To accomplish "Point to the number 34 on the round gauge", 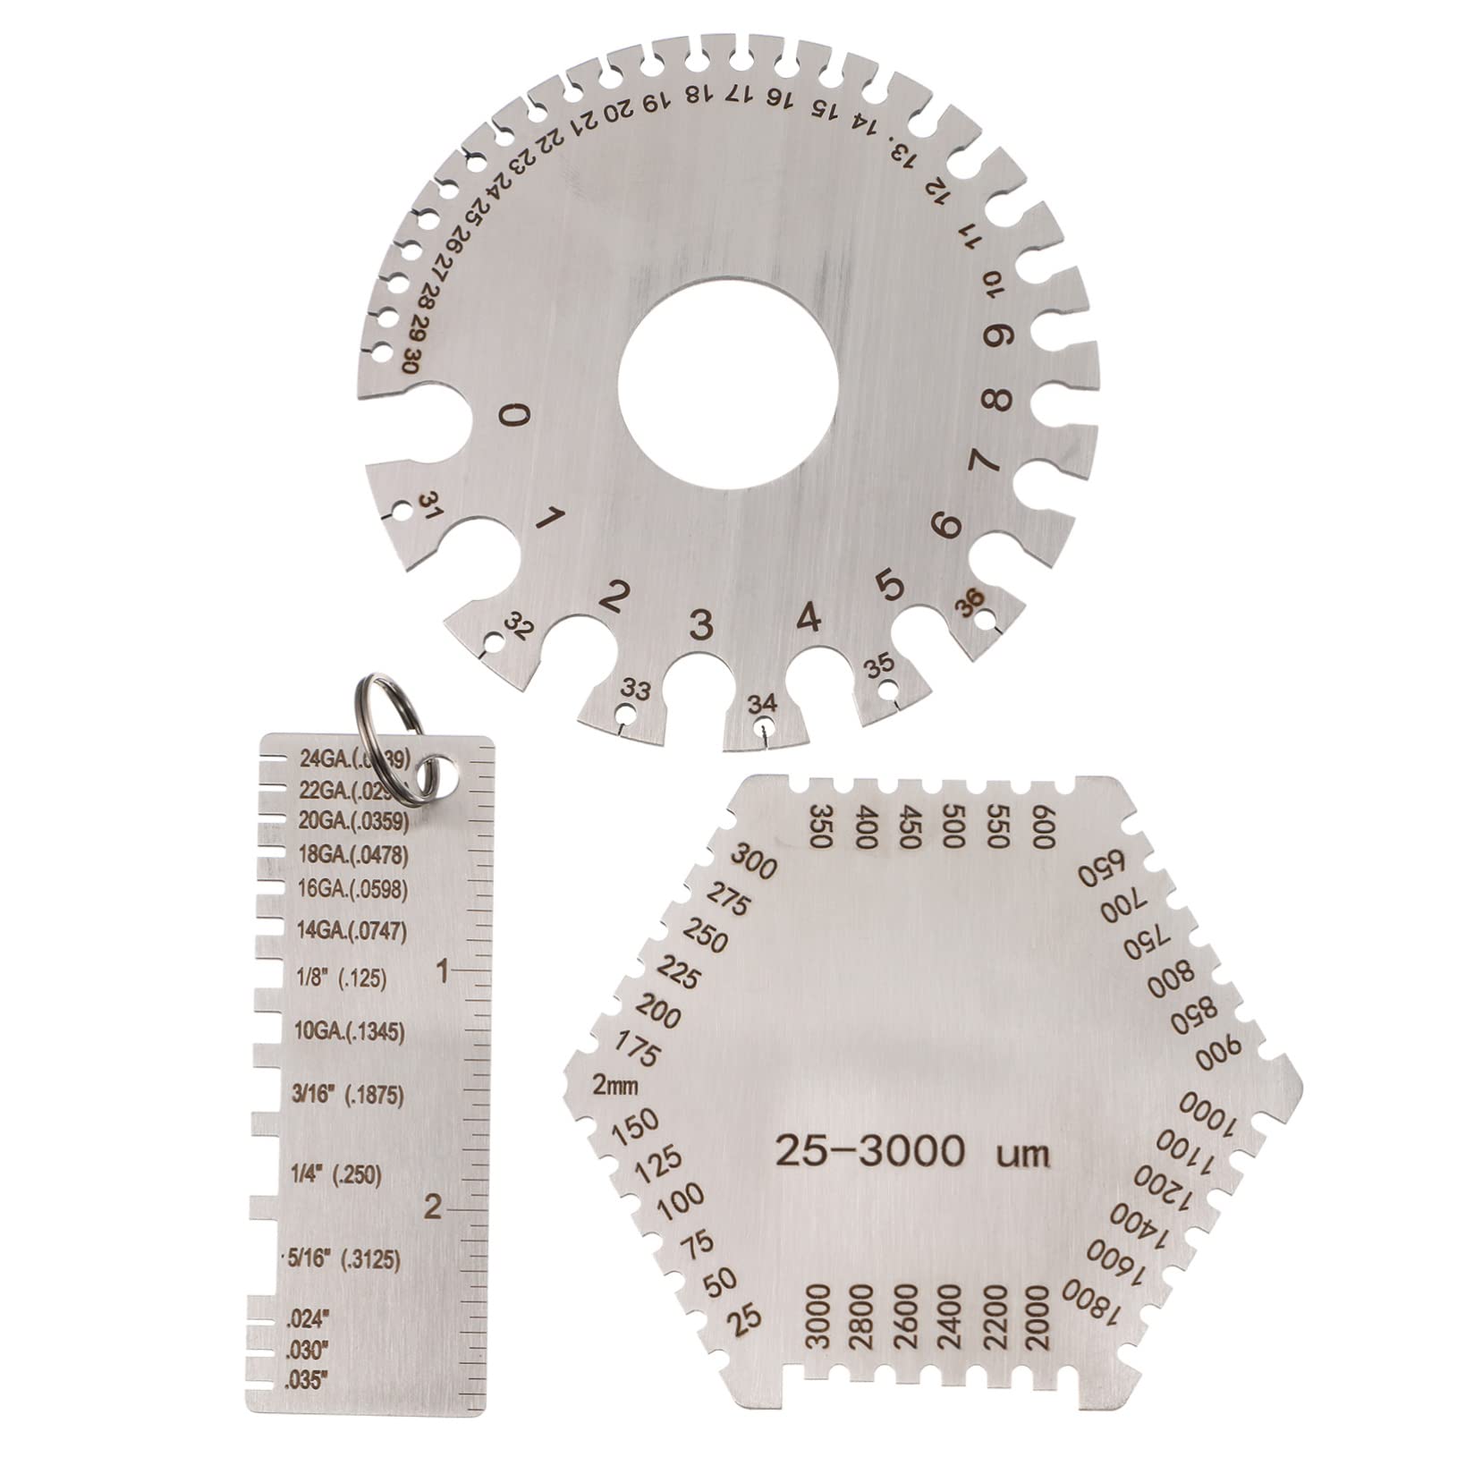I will coord(762,703).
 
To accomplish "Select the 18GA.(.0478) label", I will coord(352,855).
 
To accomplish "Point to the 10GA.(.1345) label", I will coord(350,1032).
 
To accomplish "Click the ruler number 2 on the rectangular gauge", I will coord(434,1208).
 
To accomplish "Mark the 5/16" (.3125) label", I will coord(344,1258).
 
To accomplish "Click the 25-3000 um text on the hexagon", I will coord(911,1151).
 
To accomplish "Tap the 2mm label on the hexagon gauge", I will coord(615,1086).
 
